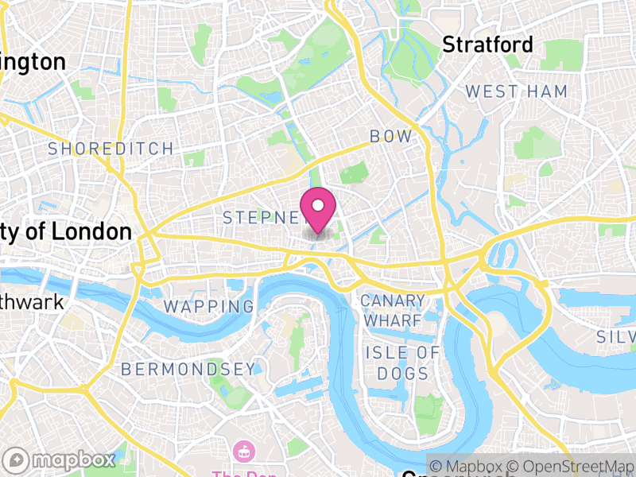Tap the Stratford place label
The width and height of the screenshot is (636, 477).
point(487,45)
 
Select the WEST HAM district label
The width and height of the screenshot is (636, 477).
point(517,91)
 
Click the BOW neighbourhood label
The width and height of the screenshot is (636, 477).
point(391,137)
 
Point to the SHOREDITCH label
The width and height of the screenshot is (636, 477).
point(111,149)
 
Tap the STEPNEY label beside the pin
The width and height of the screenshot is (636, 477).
point(262,217)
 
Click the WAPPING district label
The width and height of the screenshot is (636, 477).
point(209,306)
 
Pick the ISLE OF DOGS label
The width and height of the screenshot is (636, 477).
point(402,363)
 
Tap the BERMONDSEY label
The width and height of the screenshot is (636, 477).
point(188,369)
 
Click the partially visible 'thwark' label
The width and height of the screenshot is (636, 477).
point(31,303)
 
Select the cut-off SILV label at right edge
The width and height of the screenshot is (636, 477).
point(617,337)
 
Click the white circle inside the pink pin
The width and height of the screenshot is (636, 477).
point(318,204)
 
